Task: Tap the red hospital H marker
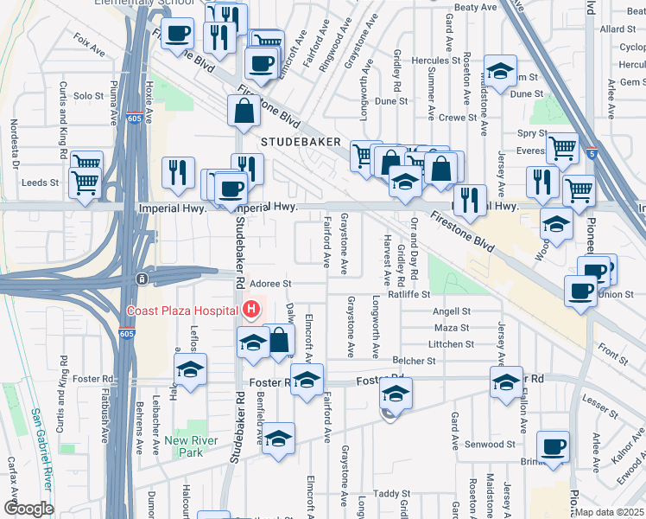[x=251, y=309]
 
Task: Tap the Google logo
[x=28, y=509]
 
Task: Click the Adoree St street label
[x=271, y=283]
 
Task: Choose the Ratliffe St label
[x=408, y=294]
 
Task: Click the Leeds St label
[x=41, y=183]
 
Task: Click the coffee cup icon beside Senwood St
[x=553, y=446]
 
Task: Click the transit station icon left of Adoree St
[x=139, y=279]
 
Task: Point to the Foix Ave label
[x=90, y=45]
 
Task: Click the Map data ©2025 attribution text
[x=610, y=512]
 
